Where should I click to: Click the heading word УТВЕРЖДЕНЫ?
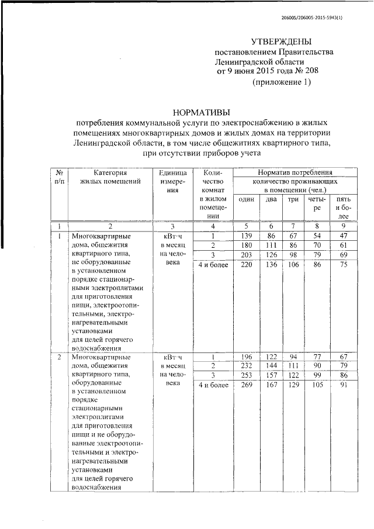tap(281, 41)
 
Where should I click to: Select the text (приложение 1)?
tap(281, 82)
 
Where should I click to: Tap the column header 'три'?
tap(293, 200)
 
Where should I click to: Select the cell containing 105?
tap(317, 385)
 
